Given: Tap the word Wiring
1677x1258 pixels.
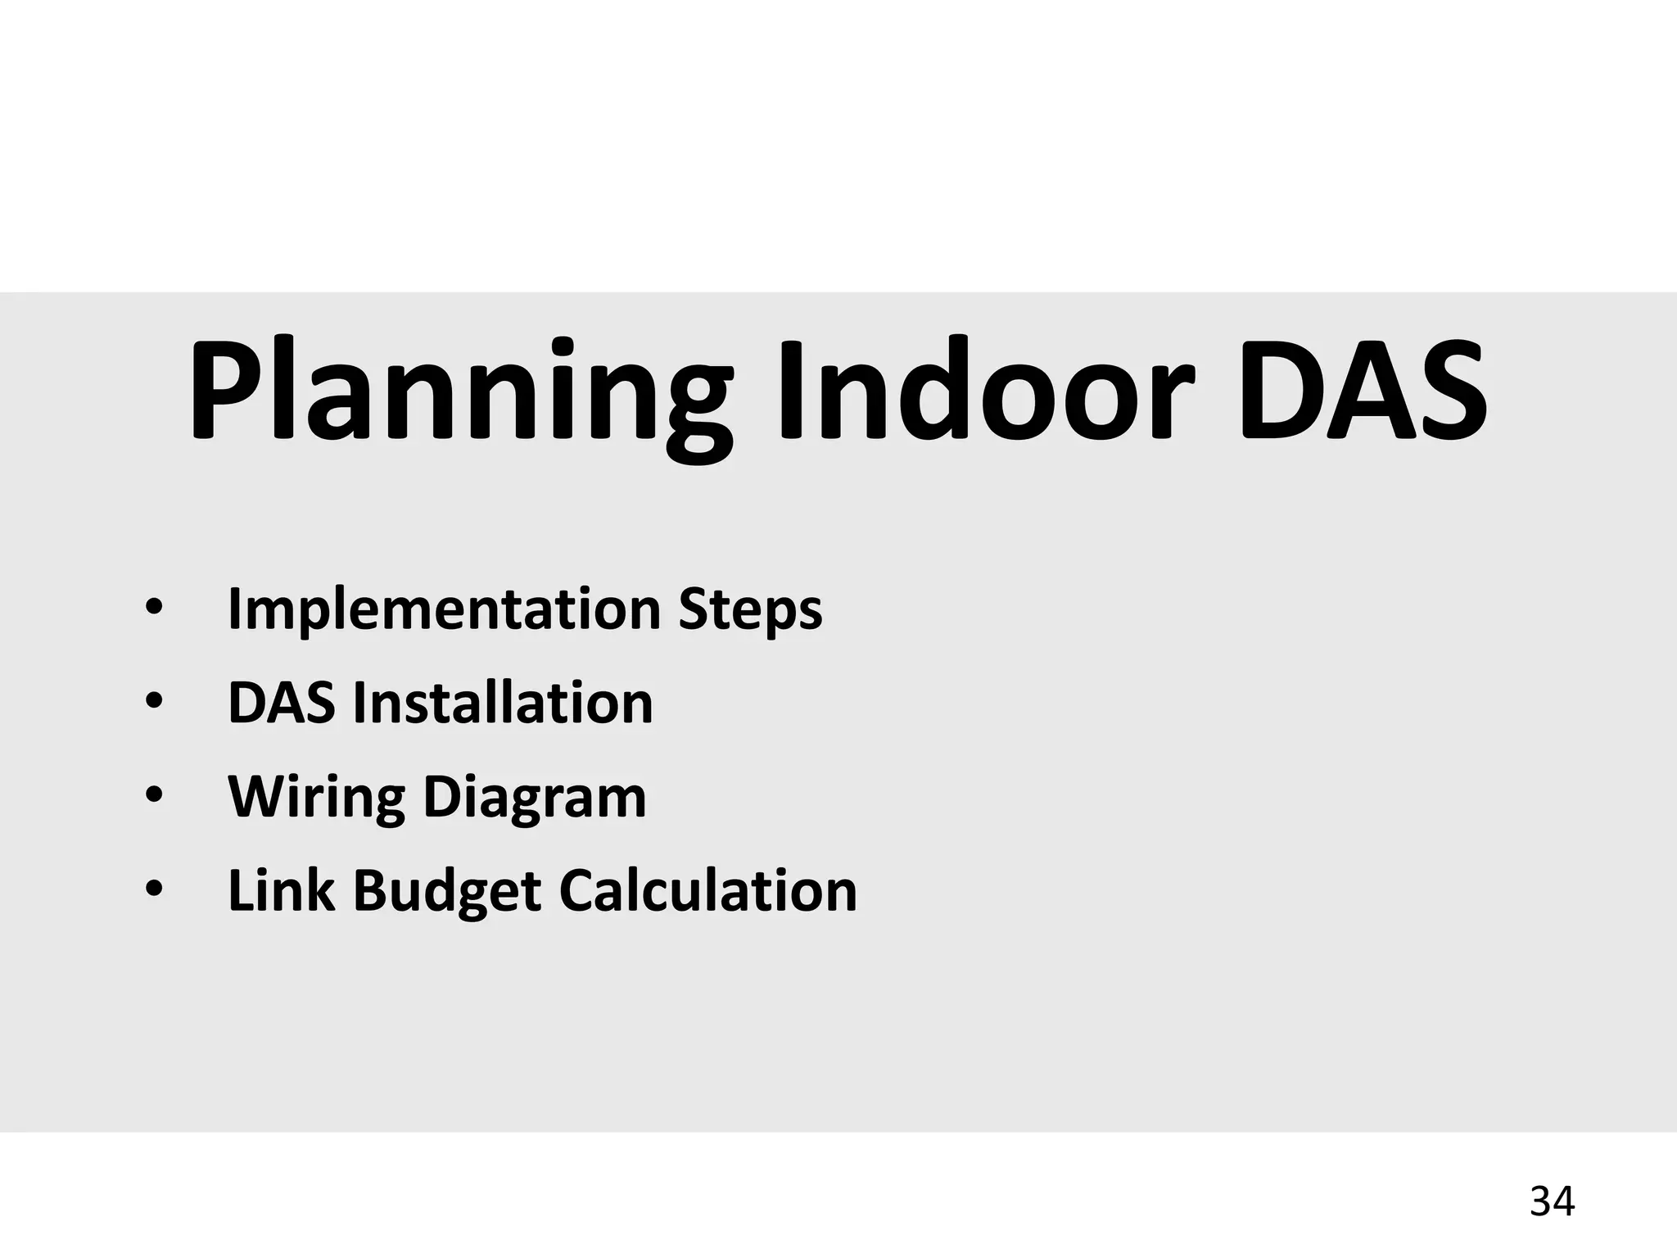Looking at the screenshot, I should coord(316,798).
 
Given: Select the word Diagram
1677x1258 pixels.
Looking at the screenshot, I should coord(535,798).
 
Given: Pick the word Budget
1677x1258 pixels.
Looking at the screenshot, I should coord(447,890).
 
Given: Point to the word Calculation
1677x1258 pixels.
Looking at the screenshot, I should coord(708,890).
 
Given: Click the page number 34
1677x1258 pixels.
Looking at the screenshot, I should coord(1552,1201).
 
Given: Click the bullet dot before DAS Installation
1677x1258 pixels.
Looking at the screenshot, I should coord(153,703).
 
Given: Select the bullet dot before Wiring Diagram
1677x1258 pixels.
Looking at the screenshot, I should coord(153,796).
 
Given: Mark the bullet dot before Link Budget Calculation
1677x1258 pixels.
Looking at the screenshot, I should coord(153,889).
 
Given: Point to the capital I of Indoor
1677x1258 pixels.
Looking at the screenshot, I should coord(790,389).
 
